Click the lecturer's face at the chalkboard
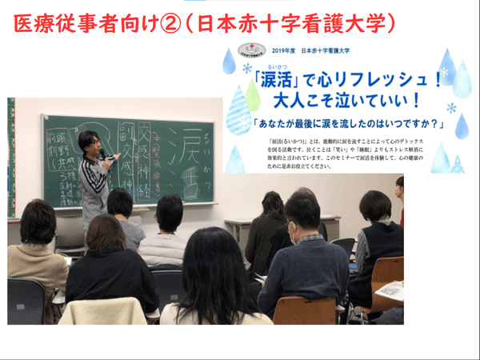(x=90, y=143)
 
